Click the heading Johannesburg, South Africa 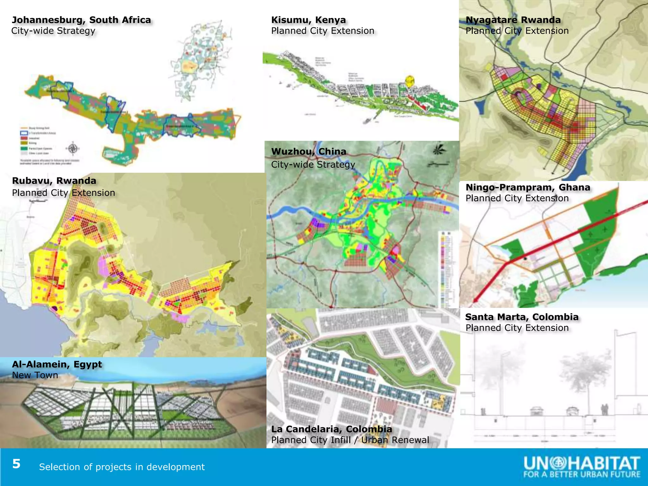click(81, 20)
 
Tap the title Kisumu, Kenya click(308, 20)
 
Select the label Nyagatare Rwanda click(513, 20)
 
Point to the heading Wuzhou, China click(308, 152)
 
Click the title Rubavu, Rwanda click(54, 181)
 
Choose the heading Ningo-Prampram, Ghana click(528, 187)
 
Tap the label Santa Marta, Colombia click(522, 317)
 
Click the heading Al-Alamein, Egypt click(57, 364)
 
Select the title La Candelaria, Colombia click(332, 429)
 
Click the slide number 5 click(16, 464)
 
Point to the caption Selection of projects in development click(122, 467)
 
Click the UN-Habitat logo click(582, 467)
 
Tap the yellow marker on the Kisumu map click(410, 80)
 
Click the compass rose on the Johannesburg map click(73, 148)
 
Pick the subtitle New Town click(35, 375)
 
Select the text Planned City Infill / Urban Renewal click(350, 440)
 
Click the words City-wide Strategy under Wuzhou click(313, 165)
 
